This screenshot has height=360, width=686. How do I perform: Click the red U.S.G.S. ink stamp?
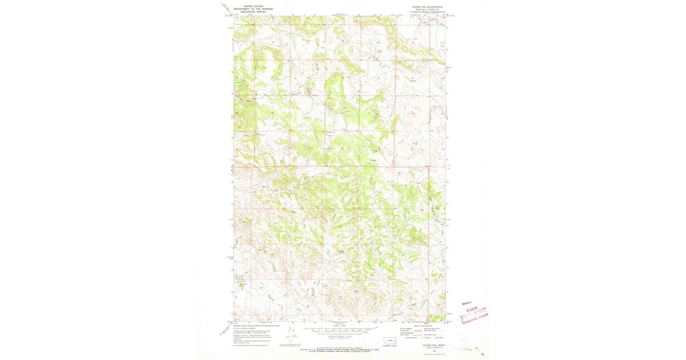476,310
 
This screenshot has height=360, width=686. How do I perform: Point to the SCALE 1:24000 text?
339,326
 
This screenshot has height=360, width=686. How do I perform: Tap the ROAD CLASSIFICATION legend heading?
424,326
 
